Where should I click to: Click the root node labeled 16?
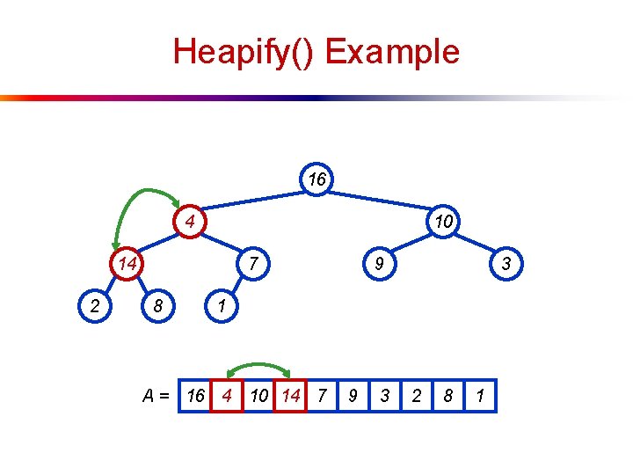click(x=317, y=179)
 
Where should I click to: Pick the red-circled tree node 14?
click(x=127, y=263)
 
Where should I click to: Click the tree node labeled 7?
click(x=252, y=263)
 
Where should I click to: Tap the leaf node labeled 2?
click(x=95, y=306)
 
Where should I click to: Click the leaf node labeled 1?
click(x=222, y=306)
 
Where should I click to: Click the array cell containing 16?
click(x=194, y=396)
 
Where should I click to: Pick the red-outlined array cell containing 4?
click(x=227, y=396)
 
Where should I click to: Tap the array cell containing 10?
click(x=258, y=396)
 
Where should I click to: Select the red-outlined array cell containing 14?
click(x=290, y=396)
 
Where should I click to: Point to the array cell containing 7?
click(x=322, y=396)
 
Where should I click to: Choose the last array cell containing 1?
click(x=480, y=396)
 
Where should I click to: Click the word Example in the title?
click(x=392, y=51)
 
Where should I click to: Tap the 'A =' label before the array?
click(x=156, y=397)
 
